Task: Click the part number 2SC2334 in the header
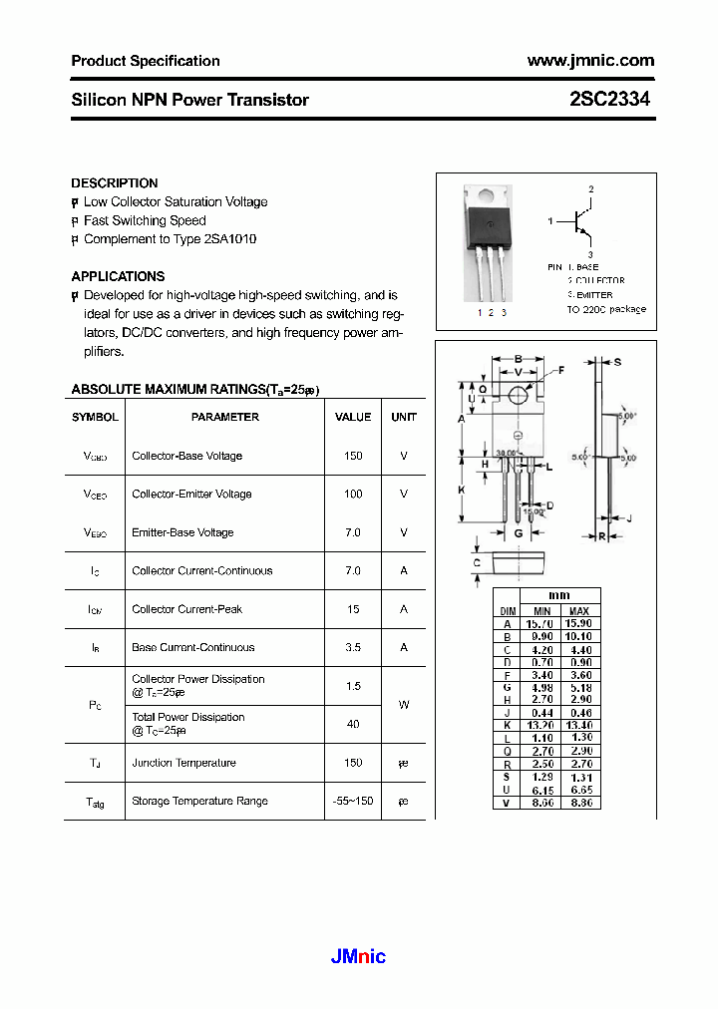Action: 611,100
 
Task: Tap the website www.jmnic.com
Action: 590,61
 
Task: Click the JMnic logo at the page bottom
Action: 357,957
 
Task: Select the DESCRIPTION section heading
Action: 115,183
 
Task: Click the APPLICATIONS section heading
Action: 118,276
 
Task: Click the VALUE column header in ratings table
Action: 353,417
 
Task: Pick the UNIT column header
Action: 404,417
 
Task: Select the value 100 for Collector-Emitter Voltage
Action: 353,494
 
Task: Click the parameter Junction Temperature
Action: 183,763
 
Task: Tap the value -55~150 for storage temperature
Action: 353,801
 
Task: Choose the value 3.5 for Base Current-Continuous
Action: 353,647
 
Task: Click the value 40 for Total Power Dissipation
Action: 353,724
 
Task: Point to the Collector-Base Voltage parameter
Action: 186,456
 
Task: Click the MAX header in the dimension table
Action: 578,610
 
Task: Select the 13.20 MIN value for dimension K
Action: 541,725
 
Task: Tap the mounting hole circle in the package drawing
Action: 519,396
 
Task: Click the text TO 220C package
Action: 606,309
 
